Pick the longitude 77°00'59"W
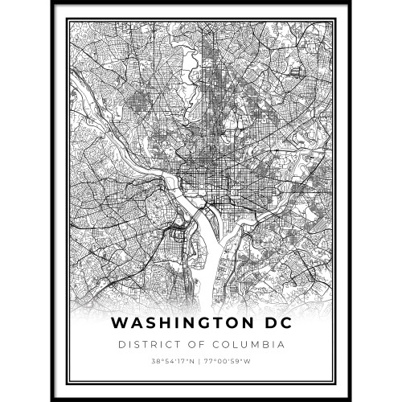coord(229,362)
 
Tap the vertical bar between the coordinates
coord(201,362)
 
